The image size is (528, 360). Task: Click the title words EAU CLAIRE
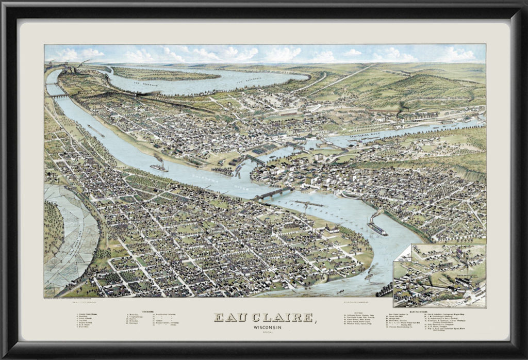pyautogui.click(x=264, y=318)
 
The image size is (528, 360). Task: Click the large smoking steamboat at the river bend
pyautogui.click(x=377, y=226)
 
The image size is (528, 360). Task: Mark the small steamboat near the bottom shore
pyautogui.click(x=369, y=275)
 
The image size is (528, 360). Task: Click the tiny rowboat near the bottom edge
pyautogui.click(x=340, y=292)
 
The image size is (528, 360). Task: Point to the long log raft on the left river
pyautogui.click(x=96, y=131)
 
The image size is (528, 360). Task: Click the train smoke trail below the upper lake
pyautogui.click(x=155, y=93)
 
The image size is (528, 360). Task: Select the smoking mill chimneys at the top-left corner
pyautogui.click(x=72, y=66)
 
